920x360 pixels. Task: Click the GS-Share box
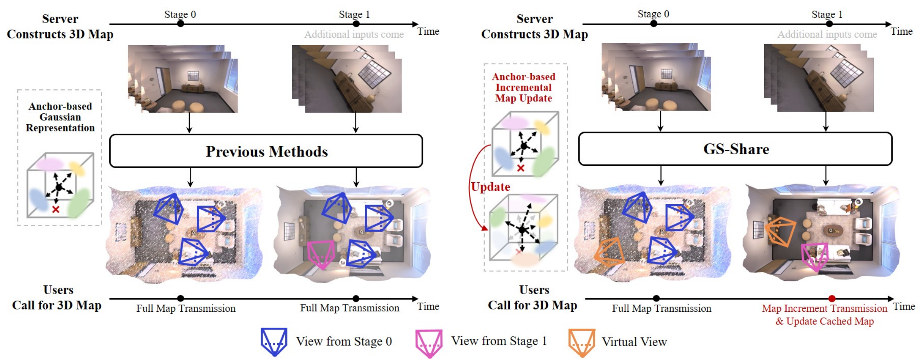click(735, 149)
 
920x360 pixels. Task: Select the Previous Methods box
click(266, 151)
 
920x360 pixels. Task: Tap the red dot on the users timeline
click(832, 298)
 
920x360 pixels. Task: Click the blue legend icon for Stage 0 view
click(274, 341)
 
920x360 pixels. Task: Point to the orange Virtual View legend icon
click(581, 342)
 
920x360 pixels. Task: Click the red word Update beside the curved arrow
click(490, 187)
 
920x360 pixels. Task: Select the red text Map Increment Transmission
click(824, 308)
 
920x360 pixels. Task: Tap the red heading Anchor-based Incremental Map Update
click(523, 87)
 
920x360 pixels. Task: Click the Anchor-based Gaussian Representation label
click(60, 117)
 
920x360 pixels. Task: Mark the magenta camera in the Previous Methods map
click(321, 254)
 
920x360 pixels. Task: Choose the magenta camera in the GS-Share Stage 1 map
click(814, 256)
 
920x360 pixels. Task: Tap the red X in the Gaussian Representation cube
click(56, 209)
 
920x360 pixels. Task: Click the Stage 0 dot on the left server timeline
click(180, 24)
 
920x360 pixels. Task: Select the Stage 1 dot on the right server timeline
click(829, 24)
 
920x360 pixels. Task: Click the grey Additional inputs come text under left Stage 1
click(354, 35)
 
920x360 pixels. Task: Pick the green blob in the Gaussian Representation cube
click(79, 203)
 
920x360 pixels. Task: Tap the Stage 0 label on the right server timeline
click(653, 14)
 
